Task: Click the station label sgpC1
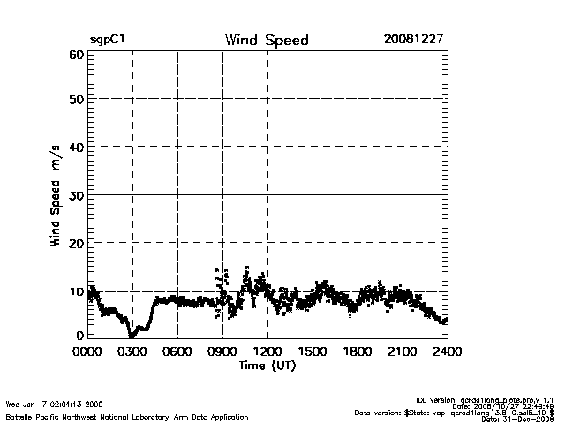tap(109, 41)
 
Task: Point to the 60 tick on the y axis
tap(75, 55)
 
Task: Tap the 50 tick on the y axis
tap(75, 100)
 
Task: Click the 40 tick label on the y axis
tap(75, 147)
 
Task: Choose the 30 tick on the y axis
tap(75, 194)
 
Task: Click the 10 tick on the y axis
tap(75, 290)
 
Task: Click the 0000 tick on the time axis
tap(87, 352)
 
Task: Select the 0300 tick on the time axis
tap(132, 352)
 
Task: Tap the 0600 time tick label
tap(177, 352)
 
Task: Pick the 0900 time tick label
tap(222, 352)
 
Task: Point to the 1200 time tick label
tap(267, 352)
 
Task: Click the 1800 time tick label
tap(358, 352)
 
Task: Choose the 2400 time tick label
tap(447, 352)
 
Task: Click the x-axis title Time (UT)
tap(267, 365)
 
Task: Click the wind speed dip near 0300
tap(132, 334)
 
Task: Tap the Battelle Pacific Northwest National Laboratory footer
tap(126, 416)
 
